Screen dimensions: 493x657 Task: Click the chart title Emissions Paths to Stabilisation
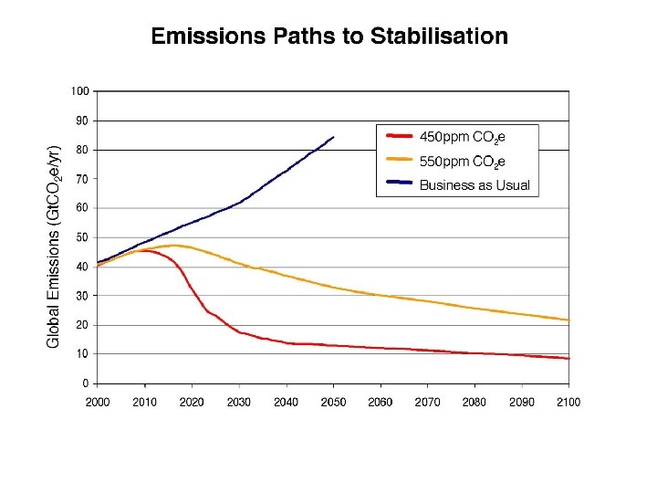tap(328, 37)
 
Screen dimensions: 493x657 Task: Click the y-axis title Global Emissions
tap(54, 246)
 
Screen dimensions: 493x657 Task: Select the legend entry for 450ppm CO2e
tap(462, 138)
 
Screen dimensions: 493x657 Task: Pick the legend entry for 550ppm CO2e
tap(462, 162)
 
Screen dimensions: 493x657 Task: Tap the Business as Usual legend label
tap(474, 185)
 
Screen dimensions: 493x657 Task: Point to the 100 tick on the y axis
tap(80, 91)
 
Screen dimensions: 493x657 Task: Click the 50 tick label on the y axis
tap(82, 237)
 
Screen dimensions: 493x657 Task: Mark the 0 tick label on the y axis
tap(85, 383)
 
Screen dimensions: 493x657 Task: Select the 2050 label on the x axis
tap(333, 402)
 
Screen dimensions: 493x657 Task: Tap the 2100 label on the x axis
tap(568, 402)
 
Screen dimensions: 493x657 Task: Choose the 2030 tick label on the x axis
tap(238, 402)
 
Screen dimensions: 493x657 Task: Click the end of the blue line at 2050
tap(333, 137)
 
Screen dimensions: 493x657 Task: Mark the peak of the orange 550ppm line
tap(173, 245)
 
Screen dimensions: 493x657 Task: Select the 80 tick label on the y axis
tap(82, 150)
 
